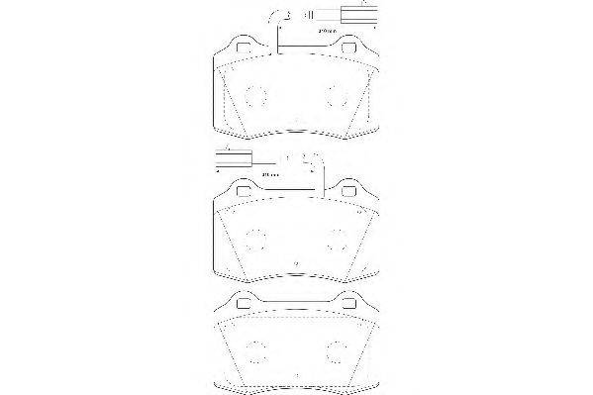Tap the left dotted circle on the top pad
(x=256, y=96)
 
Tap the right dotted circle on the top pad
(x=337, y=96)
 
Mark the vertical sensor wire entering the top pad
(x=280, y=40)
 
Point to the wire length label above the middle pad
(x=269, y=175)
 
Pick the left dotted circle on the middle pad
(x=256, y=239)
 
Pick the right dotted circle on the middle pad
(x=337, y=239)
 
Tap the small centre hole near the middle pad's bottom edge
(x=297, y=262)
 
